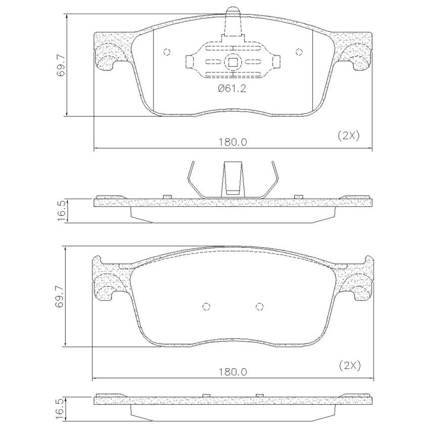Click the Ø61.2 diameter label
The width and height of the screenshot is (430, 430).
coord(232,89)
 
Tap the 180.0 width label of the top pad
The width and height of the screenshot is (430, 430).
coord(233,142)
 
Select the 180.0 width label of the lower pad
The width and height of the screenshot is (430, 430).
coord(233,372)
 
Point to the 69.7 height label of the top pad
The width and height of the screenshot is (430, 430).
coord(61,65)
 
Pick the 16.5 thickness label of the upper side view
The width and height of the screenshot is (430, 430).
coord(62,210)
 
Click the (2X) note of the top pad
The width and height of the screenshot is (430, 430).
coord(348,135)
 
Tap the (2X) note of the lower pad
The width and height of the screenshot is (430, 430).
coord(350,365)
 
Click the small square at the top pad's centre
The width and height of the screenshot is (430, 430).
coord(233,63)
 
